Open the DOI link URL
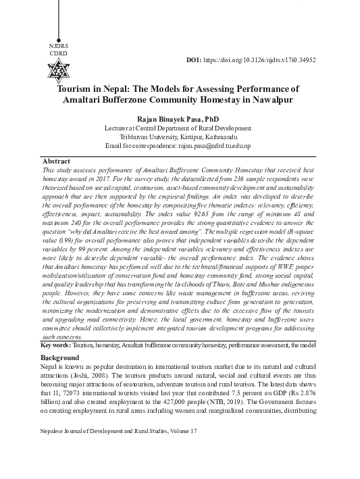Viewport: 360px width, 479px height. pos(261,59)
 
